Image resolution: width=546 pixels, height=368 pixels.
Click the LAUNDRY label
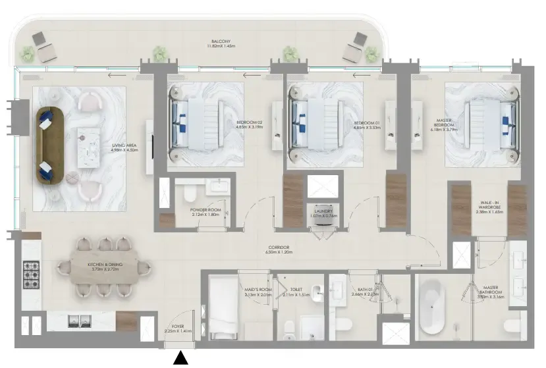323,212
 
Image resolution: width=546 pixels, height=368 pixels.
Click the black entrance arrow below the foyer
181,359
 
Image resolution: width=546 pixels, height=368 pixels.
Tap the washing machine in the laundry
323,223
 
